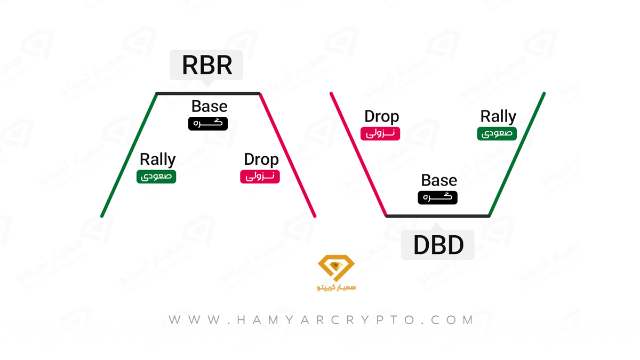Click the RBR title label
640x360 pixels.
click(206, 65)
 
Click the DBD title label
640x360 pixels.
click(438, 245)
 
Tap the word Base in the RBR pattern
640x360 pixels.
click(210, 106)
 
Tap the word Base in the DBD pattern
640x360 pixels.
click(439, 180)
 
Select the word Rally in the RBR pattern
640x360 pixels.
click(158, 159)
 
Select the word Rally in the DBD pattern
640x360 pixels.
click(498, 116)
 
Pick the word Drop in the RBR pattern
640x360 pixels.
click(261, 159)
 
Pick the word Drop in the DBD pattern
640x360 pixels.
click(382, 116)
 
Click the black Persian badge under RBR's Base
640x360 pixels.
click(208, 124)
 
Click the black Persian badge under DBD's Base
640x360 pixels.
click(437, 198)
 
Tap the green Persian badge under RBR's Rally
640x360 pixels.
click(156, 177)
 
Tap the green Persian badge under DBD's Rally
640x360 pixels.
click(497, 134)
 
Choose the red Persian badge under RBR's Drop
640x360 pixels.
click(260, 177)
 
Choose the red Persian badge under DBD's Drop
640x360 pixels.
click(380, 134)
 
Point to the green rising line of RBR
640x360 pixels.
click(129, 155)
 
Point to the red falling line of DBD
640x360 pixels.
click(358, 154)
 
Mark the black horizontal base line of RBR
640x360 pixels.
click(207, 93)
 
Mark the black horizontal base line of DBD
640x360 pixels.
click(438, 216)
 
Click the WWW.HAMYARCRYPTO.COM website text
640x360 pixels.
click(321, 320)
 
